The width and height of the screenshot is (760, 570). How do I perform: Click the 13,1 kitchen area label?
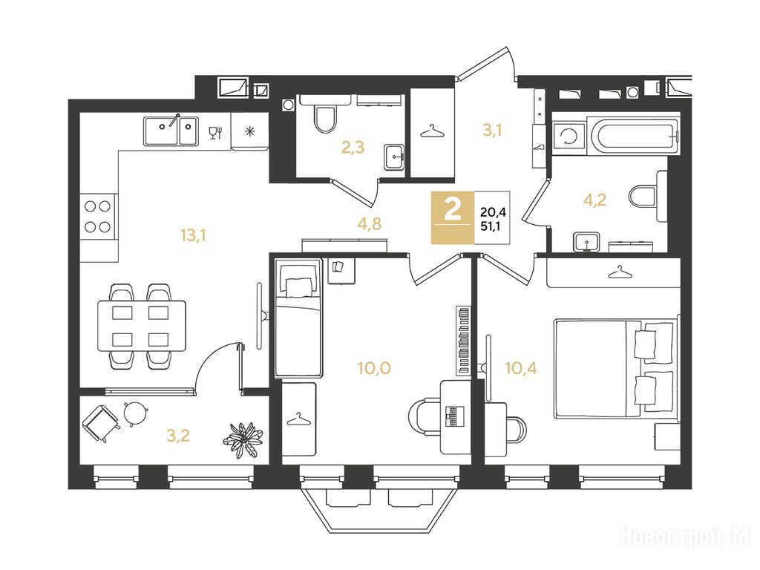click(194, 235)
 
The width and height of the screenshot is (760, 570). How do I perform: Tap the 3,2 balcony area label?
click(178, 436)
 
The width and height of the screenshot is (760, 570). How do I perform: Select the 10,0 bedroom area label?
click(374, 368)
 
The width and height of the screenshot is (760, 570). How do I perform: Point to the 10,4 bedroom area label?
click(520, 368)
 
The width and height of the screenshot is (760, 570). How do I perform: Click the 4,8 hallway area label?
click(370, 223)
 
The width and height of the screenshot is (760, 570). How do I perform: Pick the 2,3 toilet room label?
click(353, 147)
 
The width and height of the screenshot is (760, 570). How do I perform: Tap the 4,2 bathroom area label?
click(594, 200)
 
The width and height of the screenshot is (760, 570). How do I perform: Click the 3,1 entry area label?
click(492, 130)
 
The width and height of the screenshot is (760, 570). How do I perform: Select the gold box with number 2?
click(453, 217)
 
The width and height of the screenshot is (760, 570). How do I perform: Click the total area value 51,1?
click(494, 226)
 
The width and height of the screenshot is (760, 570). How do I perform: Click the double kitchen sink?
click(171, 131)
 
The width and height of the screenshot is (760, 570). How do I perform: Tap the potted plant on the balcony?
click(243, 439)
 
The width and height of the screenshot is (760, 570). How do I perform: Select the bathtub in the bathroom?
click(634, 134)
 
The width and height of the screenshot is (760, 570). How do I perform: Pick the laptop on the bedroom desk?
click(454, 416)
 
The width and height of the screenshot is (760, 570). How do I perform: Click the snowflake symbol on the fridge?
click(249, 131)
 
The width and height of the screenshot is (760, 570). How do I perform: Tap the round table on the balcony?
click(135, 413)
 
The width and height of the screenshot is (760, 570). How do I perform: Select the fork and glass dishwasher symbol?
click(216, 132)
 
